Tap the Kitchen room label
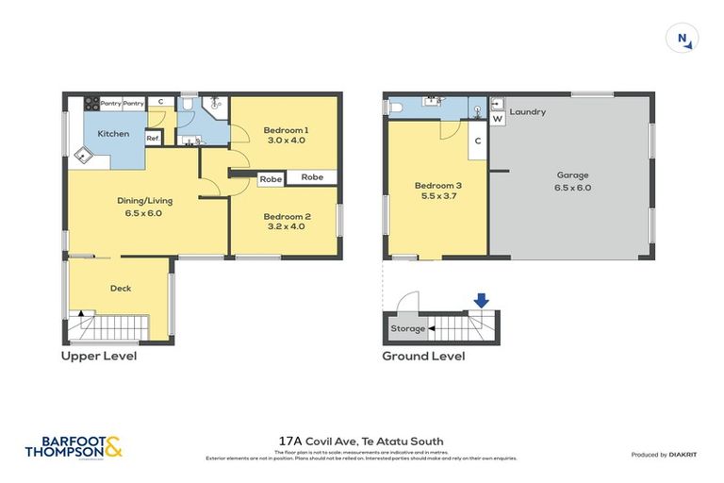coord(114,134)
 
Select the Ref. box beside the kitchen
coord(153,138)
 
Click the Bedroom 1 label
coord(286,129)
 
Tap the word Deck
coord(120,288)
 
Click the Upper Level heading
coord(99,357)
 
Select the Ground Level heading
coord(422,357)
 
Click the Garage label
coord(572,175)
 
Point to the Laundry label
coord(528,112)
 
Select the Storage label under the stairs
coord(408,329)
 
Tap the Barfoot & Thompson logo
coord(74,448)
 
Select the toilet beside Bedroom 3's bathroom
coord(396,108)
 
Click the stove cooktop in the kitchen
coord(90,103)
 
